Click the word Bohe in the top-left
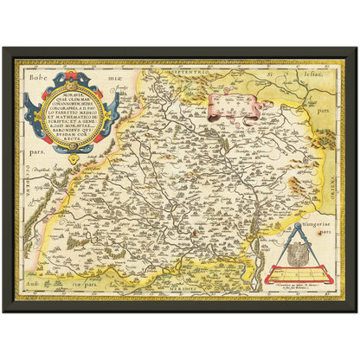pos(35,67)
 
